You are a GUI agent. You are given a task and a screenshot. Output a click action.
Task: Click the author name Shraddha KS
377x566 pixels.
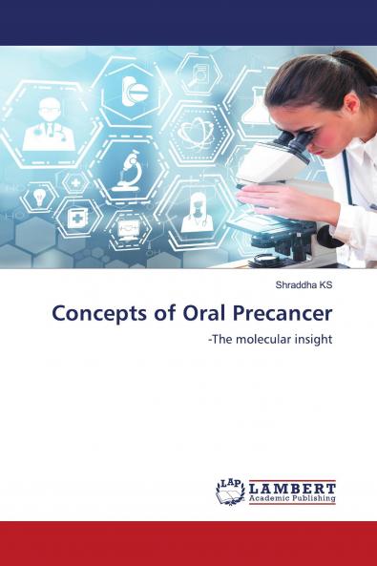(x=303, y=284)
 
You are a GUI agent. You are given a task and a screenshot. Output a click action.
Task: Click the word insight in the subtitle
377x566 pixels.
(x=312, y=339)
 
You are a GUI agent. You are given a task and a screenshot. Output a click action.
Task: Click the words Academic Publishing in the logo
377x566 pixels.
(x=292, y=498)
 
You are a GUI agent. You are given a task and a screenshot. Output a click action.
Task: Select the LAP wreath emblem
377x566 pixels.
(x=230, y=491)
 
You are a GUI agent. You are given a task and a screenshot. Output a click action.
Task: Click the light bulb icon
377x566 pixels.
(x=38, y=195)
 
